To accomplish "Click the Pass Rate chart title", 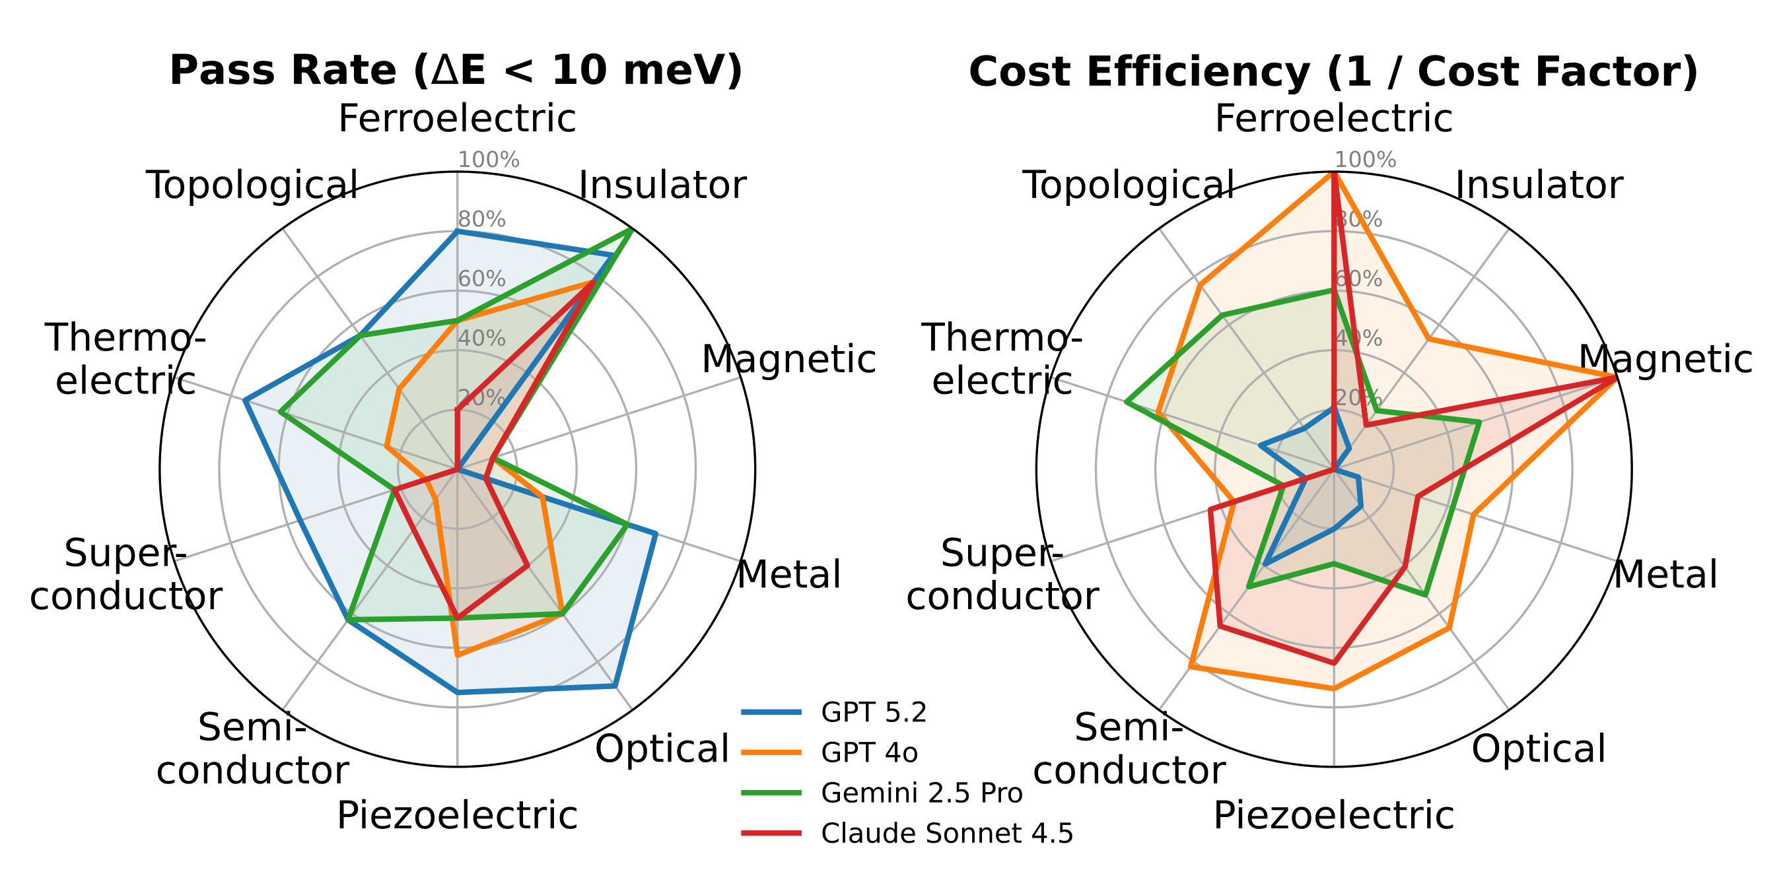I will pyautogui.click(x=456, y=71).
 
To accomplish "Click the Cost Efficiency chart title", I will pyautogui.click(x=1333, y=72).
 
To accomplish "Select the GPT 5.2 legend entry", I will pyautogui.click(x=874, y=712).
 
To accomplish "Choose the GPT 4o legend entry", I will pyautogui.click(x=869, y=752).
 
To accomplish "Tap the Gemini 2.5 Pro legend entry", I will pyautogui.click(x=921, y=793).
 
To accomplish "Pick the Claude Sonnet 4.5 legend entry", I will pyautogui.click(x=946, y=834).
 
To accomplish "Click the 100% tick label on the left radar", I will pyautogui.click(x=489, y=160).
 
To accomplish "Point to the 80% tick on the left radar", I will pyautogui.click(x=482, y=219).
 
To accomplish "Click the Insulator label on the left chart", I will pyautogui.click(x=662, y=185).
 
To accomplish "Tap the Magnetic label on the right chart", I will pyautogui.click(x=1665, y=359).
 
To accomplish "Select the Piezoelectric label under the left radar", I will pyautogui.click(x=457, y=815).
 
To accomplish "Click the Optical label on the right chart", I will pyautogui.click(x=1538, y=748).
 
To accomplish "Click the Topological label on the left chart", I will pyautogui.click(x=252, y=185).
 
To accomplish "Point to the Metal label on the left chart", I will pyautogui.click(x=788, y=574).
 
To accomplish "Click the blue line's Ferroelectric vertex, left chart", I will pyautogui.click(x=457, y=232).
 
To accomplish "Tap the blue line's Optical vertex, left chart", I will pyautogui.click(x=615, y=686).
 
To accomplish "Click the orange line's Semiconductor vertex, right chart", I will pyautogui.click(x=1190, y=667).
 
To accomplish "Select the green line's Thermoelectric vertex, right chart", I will pyautogui.click(x=1127, y=402).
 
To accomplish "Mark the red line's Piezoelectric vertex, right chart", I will pyautogui.click(x=1334, y=663).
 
